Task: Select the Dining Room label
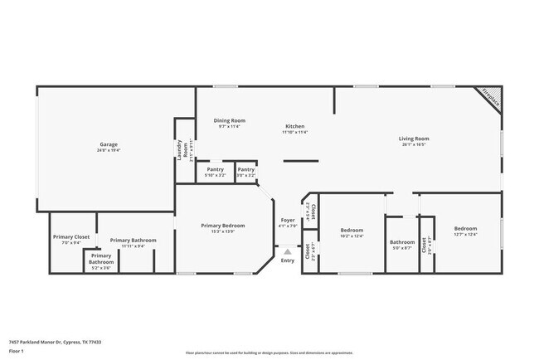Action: click(229, 123)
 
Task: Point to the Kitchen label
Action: click(294, 129)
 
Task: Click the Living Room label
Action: click(413, 141)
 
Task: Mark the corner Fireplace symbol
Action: click(490, 99)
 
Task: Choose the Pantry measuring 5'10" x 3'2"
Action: click(216, 172)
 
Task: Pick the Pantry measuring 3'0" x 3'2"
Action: click(245, 172)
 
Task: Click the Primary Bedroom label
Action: click(222, 228)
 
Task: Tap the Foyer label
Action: click(287, 223)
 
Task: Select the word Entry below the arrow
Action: click(287, 260)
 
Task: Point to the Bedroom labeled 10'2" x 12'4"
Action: click(352, 231)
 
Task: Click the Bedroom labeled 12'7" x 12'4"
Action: click(464, 231)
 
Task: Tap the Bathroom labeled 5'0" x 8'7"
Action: click(402, 245)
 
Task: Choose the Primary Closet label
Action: click(71, 239)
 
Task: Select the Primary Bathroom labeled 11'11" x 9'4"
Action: click(133, 242)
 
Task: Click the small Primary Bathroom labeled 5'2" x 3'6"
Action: click(101, 261)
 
